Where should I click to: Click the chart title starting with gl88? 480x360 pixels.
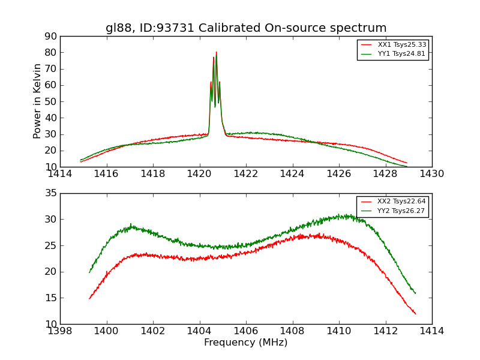[x=246, y=28]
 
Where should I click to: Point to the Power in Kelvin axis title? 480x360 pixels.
[x=37, y=101]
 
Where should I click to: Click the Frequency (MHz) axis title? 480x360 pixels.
[x=246, y=343]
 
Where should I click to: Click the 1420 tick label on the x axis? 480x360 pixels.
[x=199, y=174]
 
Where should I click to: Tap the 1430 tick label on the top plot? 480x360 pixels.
[x=431, y=174]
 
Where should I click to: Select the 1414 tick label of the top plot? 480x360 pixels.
[x=60, y=174]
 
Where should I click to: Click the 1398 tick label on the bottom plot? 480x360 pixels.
[x=60, y=331]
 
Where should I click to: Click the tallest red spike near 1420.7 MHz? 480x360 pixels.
[x=217, y=52]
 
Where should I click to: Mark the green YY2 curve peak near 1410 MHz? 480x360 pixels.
[x=339, y=215]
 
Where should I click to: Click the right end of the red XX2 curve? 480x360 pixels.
[x=415, y=314]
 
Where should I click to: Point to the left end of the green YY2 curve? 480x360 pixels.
[x=89, y=272]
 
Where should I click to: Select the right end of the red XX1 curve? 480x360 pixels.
[x=407, y=163]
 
